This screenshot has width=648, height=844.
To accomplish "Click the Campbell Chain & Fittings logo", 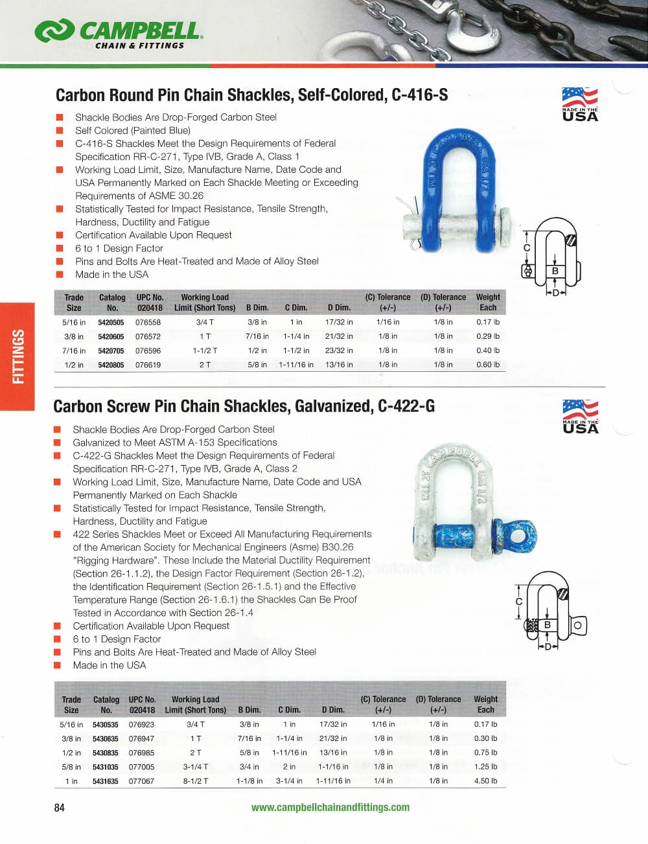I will pyautogui.click(x=119, y=33).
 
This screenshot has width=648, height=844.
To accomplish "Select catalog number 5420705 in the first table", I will pyautogui.click(x=111, y=350).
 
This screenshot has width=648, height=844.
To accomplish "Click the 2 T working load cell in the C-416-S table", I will pyautogui.click(x=205, y=365).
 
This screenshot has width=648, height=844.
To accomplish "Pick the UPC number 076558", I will pyautogui.click(x=148, y=322).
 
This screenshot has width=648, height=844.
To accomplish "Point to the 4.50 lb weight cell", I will pyautogui.click(x=485, y=781).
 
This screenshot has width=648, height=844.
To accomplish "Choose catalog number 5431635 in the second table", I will pyautogui.click(x=105, y=781).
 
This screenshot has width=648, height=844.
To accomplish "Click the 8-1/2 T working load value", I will pyautogui.click(x=195, y=781).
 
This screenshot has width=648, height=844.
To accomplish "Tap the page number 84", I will pyautogui.click(x=60, y=807).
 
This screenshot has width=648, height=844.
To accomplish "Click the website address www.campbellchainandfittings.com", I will pyautogui.click(x=330, y=807).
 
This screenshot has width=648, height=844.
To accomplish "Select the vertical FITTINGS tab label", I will pyautogui.click(x=17, y=356).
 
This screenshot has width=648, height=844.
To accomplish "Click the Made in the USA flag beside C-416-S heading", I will pyautogui.click(x=580, y=104).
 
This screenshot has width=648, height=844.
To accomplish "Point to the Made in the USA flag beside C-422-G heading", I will pyautogui.click(x=580, y=416).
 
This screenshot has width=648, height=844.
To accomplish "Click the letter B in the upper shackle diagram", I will pyautogui.click(x=555, y=271).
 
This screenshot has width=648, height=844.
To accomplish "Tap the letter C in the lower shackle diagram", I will pyautogui.click(x=518, y=602).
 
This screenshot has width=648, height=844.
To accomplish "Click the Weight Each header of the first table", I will pyautogui.click(x=488, y=302).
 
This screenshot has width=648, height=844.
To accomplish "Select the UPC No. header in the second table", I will pyautogui.click(x=142, y=705).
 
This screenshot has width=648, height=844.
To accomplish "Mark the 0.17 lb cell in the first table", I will pyautogui.click(x=488, y=322).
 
